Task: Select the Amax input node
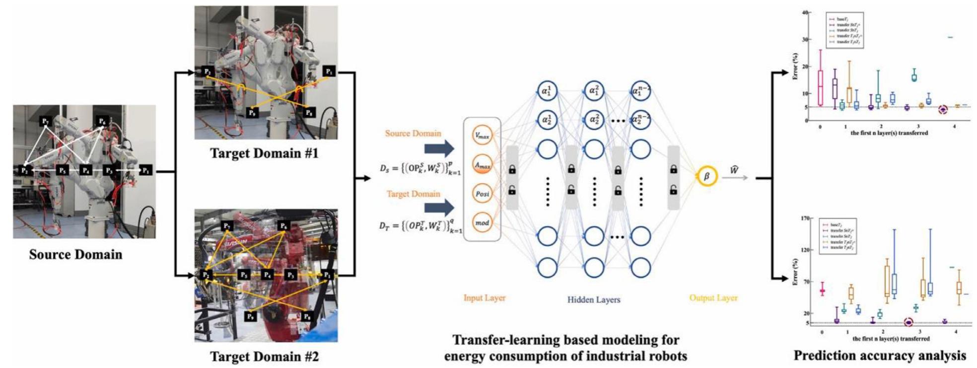pos(482,165)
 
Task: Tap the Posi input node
pos(482,194)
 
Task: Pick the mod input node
pos(482,223)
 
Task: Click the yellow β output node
pos(706,176)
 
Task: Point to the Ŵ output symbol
pos(734,170)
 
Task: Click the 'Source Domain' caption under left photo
pos(75,254)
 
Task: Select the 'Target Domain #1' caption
pos(264,153)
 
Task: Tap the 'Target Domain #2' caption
pos(264,356)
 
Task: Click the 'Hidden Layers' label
pos(594,299)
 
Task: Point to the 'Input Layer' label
pos(485,298)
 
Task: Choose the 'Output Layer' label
pos(713,298)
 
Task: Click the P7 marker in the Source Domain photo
pos(45,121)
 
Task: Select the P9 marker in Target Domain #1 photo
pos(252,113)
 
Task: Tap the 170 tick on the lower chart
pos(805,218)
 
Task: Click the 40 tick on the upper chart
pos(805,12)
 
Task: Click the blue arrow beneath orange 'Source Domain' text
pos(439,148)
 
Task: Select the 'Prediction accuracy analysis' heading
pos(880,356)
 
